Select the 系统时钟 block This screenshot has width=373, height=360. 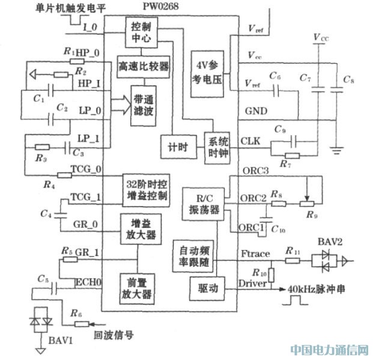pos(217,146)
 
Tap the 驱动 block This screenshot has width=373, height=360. pos(204,289)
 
